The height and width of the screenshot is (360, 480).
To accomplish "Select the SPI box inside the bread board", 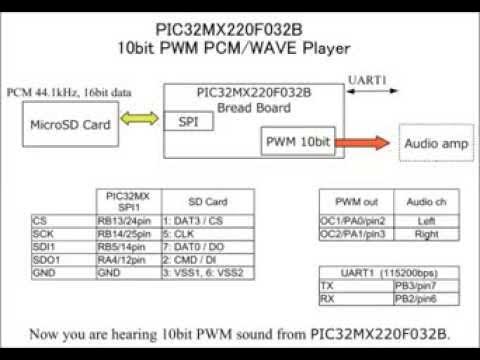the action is coord(187,121).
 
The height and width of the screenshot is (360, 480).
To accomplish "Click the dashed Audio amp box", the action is coord(436,144).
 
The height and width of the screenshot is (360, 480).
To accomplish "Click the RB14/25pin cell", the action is coord(127,232).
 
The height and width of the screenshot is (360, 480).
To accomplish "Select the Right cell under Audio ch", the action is coord(425,232).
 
